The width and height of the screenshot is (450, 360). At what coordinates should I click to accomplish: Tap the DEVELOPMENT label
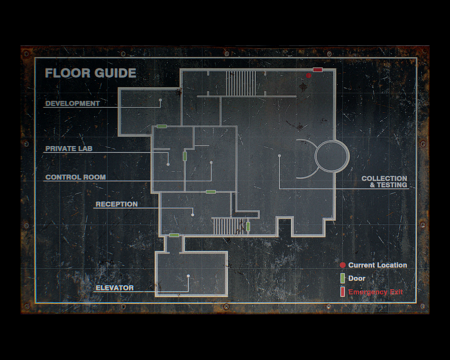pos(72,103)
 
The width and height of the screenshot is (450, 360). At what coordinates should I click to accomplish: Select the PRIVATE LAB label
pos(70,148)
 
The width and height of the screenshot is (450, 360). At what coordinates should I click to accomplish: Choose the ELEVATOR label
pos(114,288)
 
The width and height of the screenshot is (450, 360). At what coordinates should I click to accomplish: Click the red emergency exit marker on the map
pos(318,70)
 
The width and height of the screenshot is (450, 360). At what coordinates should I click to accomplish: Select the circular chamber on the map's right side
pos(331,156)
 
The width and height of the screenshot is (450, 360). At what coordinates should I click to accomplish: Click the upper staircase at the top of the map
pos(241,83)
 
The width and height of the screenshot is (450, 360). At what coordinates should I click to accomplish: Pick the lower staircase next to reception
pos(229,227)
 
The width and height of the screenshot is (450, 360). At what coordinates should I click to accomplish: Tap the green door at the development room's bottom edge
pos(160,126)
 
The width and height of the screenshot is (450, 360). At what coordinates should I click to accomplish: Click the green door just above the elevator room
pos(174,235)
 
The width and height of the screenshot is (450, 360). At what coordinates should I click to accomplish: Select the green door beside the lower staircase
pos(247,226)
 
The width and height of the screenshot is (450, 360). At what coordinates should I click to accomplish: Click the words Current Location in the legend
pos(378,264)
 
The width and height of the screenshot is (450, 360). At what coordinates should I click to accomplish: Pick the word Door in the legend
pos(357,277)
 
